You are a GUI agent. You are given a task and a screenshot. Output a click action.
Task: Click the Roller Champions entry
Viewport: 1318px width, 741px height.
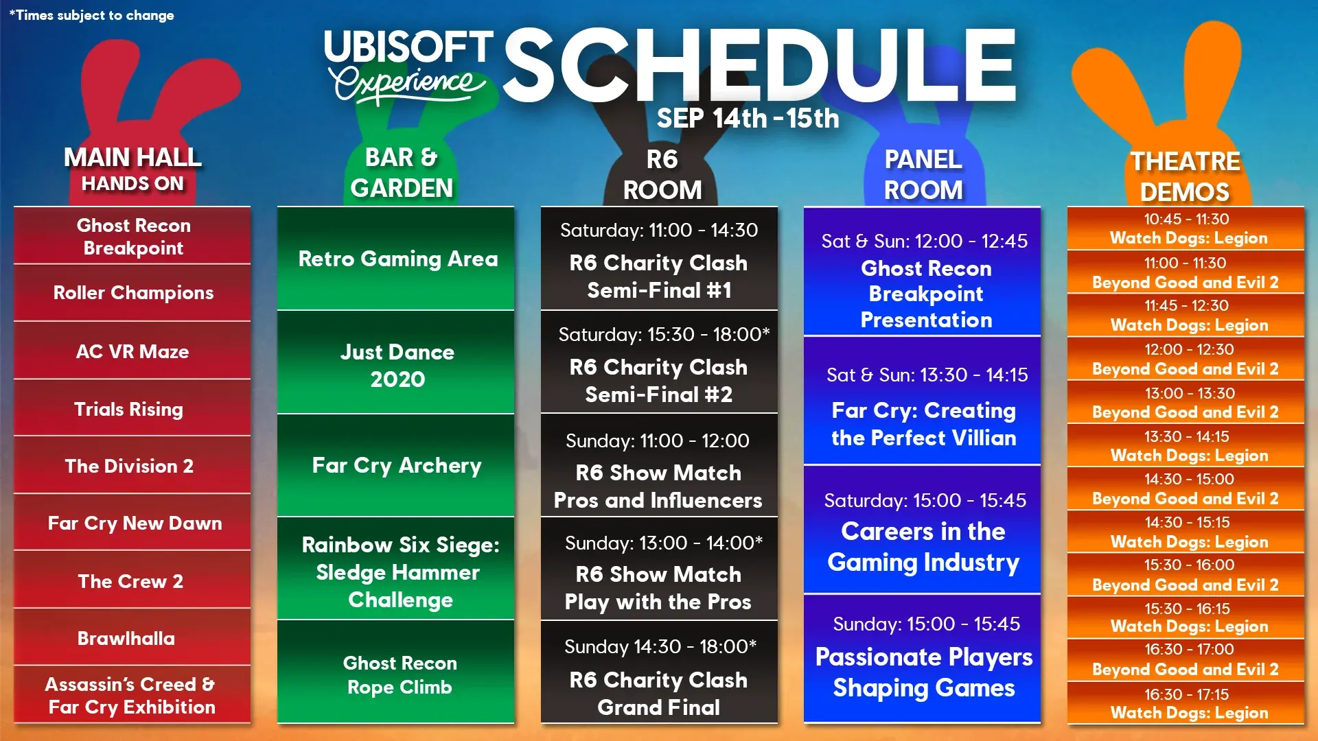coord(133,293)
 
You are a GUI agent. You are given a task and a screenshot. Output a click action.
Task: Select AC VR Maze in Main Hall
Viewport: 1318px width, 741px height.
coord(132,351)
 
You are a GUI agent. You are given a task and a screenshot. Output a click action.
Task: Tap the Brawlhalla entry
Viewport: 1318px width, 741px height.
coord(126,638)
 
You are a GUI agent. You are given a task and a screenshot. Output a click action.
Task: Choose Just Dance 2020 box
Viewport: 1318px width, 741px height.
coord(396,363)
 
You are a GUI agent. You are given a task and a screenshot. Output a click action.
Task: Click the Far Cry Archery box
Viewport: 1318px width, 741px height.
coord(396,466)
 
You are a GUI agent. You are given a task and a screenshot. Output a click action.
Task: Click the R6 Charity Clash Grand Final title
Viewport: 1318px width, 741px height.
coord(658,693)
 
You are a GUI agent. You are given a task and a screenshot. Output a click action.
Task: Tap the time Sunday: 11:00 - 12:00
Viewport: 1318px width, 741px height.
coord(658,440)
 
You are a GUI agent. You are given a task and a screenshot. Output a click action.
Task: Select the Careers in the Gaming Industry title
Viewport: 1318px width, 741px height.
coord(923,547)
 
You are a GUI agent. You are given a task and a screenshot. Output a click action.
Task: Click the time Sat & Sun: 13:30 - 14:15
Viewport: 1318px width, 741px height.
coord(927,375)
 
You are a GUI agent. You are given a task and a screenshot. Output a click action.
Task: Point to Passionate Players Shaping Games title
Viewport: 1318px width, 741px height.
coord(924,672)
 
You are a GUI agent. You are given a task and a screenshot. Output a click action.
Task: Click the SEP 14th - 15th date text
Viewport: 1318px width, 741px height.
coord(748,118)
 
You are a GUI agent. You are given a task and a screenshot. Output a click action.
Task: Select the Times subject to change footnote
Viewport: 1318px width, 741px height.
coord(92,15)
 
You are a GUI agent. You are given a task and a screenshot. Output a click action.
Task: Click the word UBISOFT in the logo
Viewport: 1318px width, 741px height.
coord(408,47)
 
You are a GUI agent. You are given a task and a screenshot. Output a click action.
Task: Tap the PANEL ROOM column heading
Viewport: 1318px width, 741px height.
coord(923,174)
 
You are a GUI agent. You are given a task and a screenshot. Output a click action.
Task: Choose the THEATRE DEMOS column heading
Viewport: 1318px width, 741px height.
coord(1186,176)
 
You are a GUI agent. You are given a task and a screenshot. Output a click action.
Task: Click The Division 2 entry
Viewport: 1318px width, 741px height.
coord(129,467)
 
